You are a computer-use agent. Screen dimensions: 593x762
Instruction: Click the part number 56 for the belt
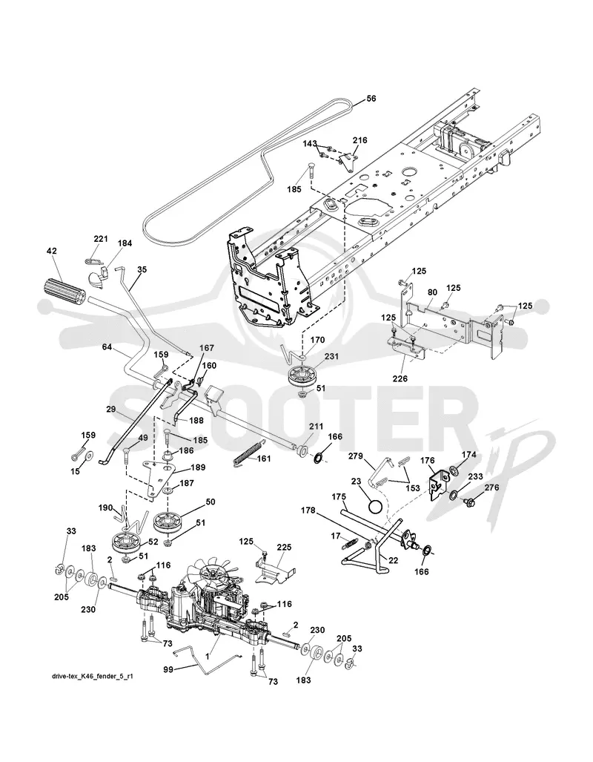point(371,99)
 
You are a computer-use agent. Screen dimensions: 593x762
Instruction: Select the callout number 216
point(360,140)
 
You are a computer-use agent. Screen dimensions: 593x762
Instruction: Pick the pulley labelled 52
point(127,542)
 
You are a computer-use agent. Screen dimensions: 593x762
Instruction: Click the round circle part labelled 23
point(376,507)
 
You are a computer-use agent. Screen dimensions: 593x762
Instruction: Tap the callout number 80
point(431,292)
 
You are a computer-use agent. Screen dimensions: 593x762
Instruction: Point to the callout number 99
point(168,670)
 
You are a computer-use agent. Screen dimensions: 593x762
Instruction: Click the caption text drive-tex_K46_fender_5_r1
point(92,676)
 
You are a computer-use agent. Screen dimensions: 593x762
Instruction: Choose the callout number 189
point(198,467)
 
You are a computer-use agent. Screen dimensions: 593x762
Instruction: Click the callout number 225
point(284,548)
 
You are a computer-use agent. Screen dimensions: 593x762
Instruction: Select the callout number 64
point(107,347)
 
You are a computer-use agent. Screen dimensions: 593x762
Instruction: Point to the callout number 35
point(142,269)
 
